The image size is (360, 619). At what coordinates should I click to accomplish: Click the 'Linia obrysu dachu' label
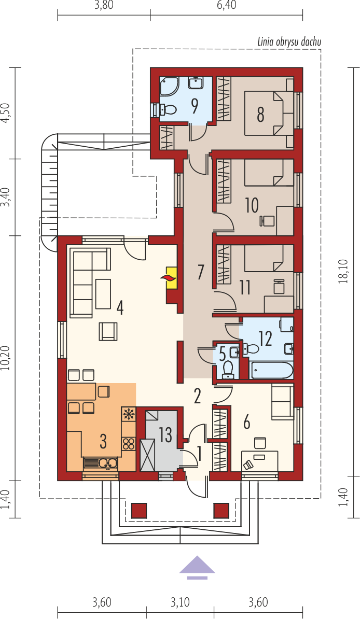[289, 41]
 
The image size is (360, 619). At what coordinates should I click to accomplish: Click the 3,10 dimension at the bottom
[180, 602]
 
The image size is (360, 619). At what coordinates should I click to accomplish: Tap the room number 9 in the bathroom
[195, 106]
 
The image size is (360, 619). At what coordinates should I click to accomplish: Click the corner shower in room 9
[168, 86]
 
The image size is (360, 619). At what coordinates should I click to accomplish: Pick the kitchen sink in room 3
[100, 463]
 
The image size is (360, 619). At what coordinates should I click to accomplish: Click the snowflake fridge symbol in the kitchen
[128, 414]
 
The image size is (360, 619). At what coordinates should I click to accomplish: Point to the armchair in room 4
[108, 331]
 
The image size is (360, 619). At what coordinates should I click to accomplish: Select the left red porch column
[139, 511]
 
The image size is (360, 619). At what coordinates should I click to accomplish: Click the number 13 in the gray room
[166, 434]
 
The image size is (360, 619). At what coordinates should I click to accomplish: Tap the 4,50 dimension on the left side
[5, 114]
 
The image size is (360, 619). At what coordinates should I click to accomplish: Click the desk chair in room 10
[265, 220]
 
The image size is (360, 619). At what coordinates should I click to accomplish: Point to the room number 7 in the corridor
[201, 272]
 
